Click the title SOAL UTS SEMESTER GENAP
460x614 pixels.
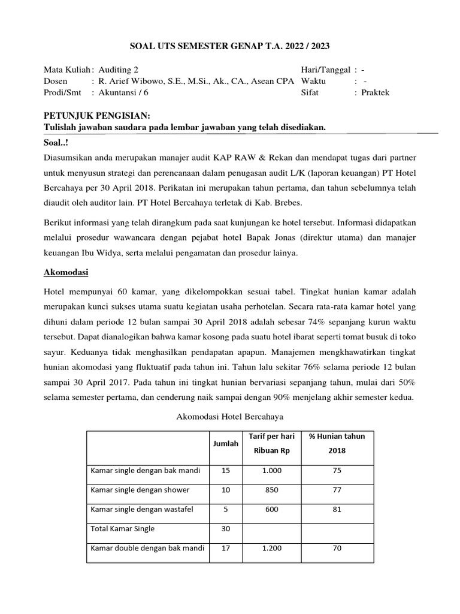230,46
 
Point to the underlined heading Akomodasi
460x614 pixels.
66,272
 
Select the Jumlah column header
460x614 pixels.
226,443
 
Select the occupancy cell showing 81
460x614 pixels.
337,509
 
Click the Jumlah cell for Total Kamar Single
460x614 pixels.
226,529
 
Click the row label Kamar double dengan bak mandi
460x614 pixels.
147,548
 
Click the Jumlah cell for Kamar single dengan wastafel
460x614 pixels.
226,509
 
